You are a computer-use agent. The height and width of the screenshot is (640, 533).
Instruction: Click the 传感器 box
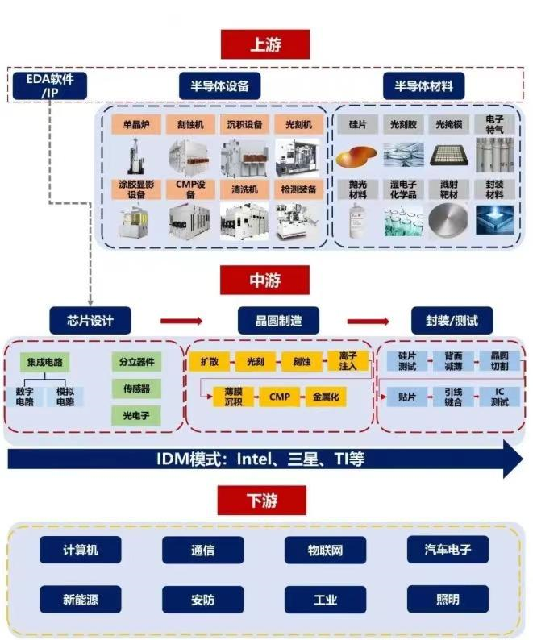[x=136, y=389]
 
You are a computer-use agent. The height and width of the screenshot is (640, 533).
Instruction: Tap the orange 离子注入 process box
[x=348, y=360]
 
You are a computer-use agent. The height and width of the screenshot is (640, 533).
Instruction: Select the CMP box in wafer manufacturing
[x=279, y=396]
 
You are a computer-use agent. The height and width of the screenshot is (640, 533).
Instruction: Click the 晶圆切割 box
[x=494, y=359]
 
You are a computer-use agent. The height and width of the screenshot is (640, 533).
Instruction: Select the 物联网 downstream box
[x=325, y=551]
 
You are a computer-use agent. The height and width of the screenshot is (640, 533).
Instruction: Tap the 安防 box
[x=202, y=600]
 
